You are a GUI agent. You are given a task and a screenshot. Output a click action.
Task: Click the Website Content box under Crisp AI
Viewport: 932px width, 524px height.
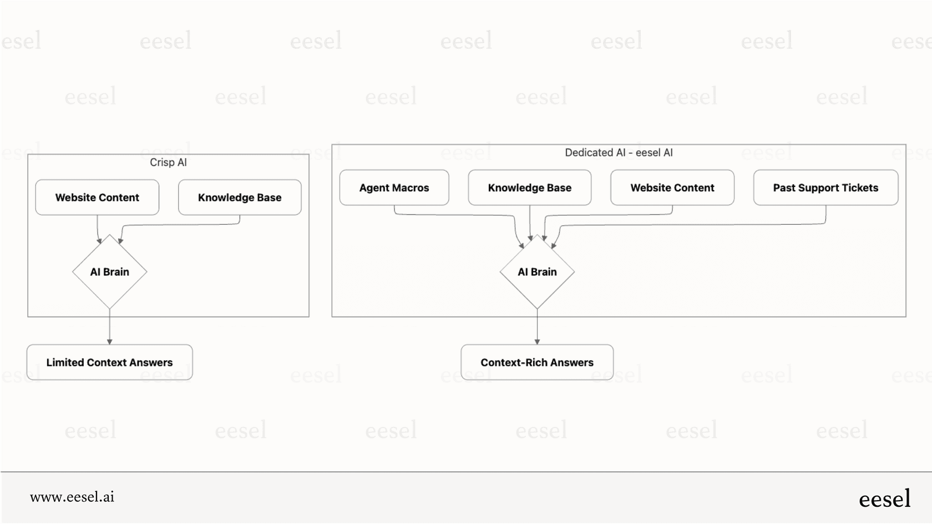point(97,197)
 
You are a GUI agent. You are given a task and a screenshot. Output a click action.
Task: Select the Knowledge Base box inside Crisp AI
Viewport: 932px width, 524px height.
point(240,197)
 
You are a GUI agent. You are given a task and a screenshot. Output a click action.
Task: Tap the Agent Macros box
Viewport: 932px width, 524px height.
point(394,188)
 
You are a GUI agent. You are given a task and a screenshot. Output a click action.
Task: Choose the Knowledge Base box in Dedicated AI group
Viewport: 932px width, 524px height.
point(530,188)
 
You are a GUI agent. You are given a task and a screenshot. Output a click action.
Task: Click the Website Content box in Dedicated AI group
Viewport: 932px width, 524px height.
point(672,188)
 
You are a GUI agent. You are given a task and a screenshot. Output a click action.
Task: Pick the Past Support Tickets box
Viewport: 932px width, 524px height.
point(825,188)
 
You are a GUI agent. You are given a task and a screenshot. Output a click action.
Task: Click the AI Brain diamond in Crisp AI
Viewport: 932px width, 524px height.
point(110,272)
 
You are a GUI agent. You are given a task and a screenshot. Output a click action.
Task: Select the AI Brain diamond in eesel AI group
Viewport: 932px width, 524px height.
point(537,272)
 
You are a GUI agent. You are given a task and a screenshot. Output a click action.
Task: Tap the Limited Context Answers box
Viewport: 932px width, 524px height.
point(110,363)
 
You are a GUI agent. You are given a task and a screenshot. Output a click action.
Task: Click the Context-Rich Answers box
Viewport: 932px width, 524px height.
point(537,363)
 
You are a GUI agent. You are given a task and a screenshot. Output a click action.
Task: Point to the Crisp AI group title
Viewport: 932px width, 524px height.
point(168,162)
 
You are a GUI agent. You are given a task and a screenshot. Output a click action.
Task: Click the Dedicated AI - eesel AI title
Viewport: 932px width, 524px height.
point(619,152)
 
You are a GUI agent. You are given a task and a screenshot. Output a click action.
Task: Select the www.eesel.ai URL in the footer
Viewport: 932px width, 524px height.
point(72,497)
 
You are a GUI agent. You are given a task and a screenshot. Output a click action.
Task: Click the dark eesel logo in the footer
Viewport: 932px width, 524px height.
point(884,499)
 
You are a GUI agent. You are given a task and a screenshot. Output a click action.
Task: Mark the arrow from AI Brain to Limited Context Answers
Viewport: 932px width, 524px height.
point(110,327)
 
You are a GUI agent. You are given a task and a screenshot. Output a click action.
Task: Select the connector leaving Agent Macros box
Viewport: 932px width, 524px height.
point(455,215)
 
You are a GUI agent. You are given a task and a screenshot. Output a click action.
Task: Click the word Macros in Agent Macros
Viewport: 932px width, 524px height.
point(411,188)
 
